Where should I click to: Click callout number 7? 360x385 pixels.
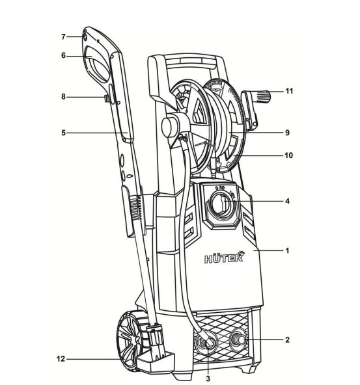(63, 37)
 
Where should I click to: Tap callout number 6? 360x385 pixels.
(63, 56)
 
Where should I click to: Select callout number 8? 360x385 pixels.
(63, 97)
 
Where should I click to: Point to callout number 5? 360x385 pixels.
(63, 133)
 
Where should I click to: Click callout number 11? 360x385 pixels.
(289, 91)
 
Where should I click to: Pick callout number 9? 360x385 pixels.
(288, 133)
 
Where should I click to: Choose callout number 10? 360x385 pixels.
(289, 155)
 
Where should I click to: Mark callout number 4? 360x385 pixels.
(288, 202)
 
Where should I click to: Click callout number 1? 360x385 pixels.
(287, 250)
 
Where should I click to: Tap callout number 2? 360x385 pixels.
(287, 340)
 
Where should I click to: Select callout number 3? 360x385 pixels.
(208, 378)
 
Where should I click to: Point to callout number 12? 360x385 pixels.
(61, 359)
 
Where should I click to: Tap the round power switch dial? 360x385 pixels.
(221, 204)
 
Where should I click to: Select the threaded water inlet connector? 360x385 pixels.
(238, 339)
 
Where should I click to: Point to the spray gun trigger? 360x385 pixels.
(106, 99)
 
